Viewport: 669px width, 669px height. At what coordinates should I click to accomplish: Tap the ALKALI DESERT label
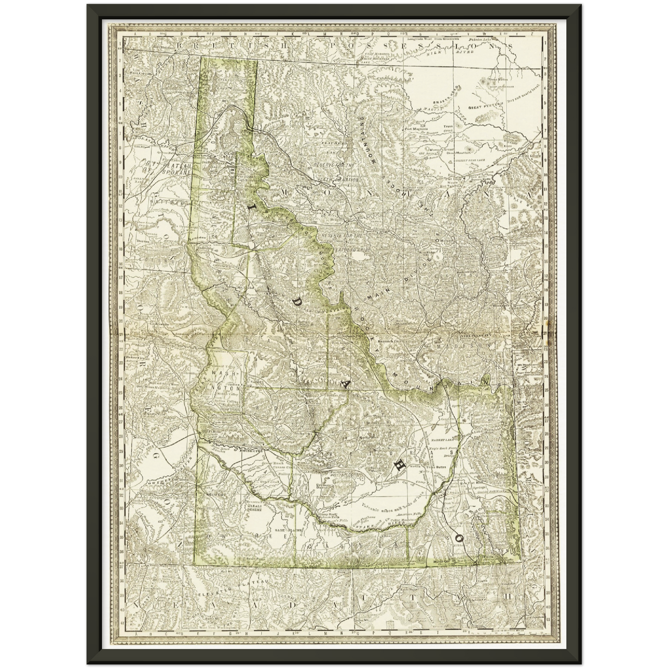point(253,506)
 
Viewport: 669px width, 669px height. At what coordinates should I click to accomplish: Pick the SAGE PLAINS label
point(288,530)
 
